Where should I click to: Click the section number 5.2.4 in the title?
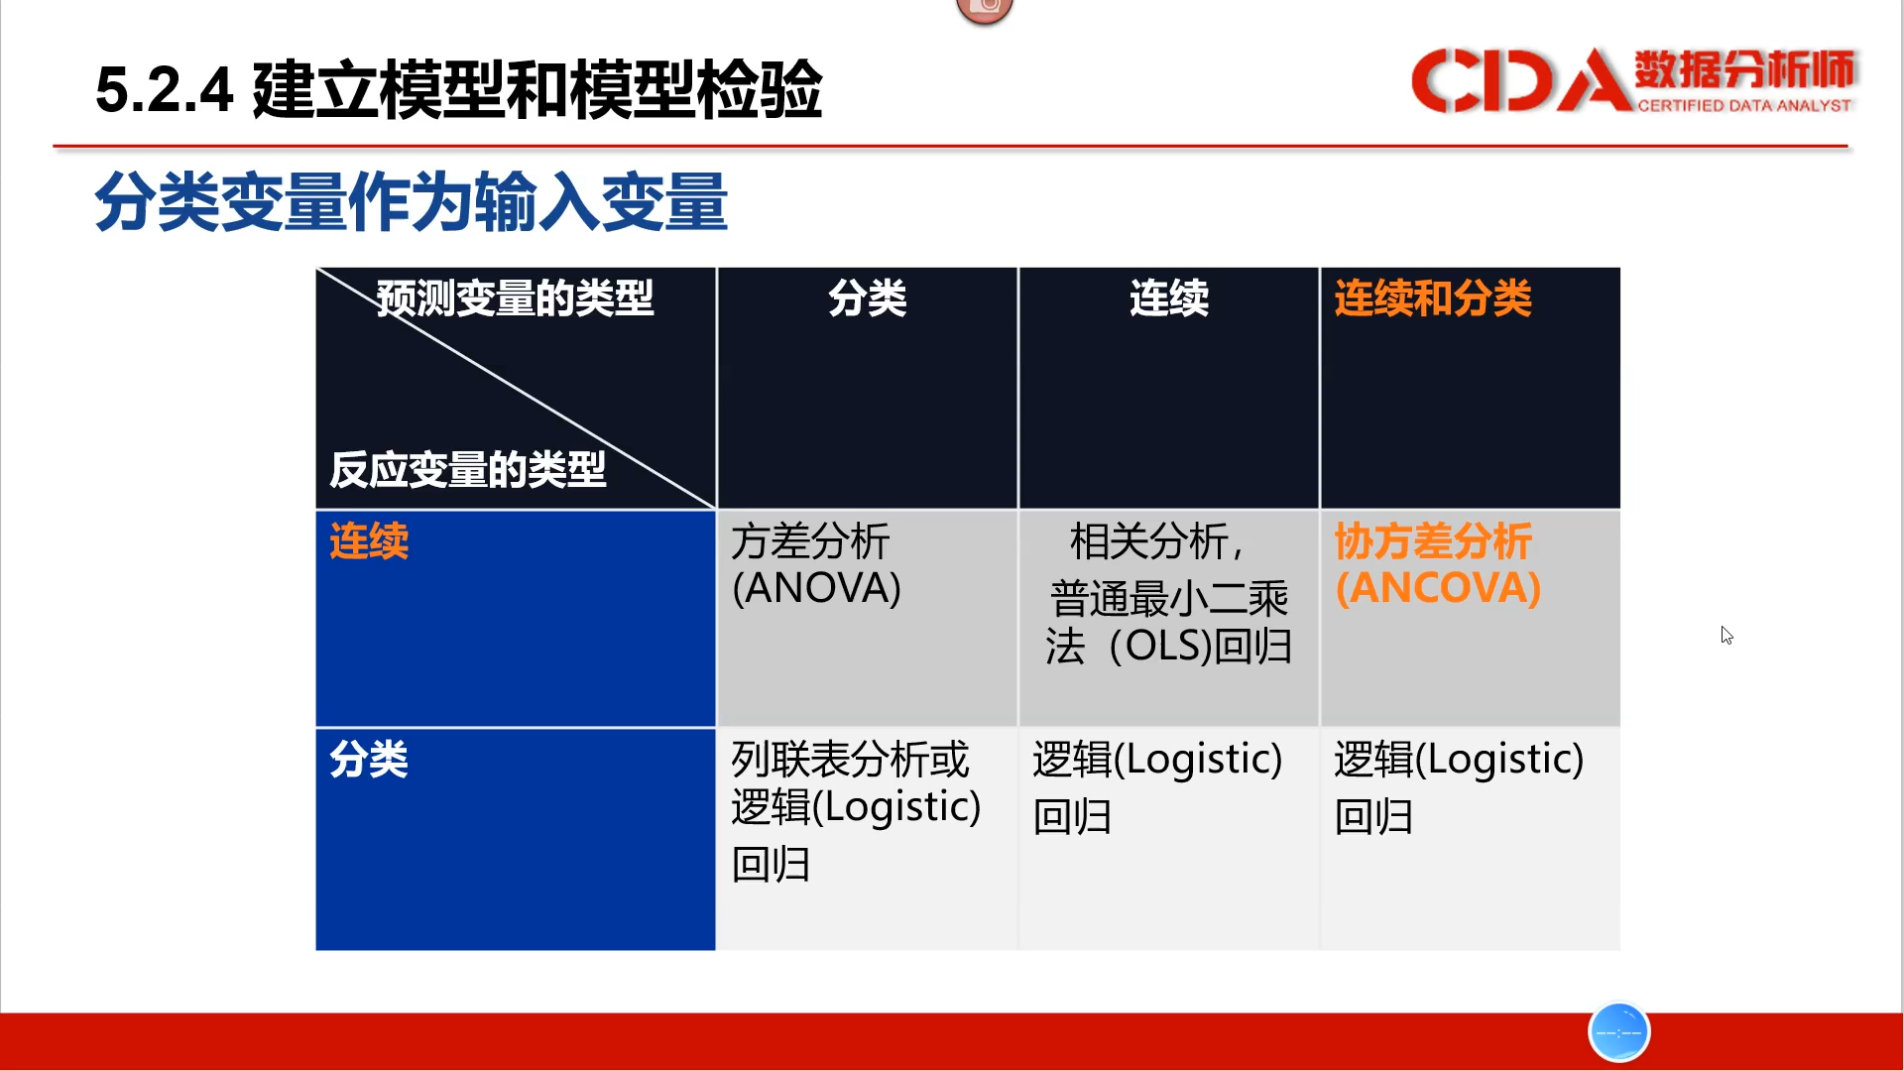pyautogui.click(x=165, y=89)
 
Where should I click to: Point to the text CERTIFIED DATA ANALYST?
pyautogui.click(x=1743, y=105)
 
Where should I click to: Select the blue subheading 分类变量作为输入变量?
pyautogui.click(x=412, y=201)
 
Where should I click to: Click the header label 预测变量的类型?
pyautogui.click(x=515, y=297)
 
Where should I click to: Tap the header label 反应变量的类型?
pyautogui.click(x=467, y=469)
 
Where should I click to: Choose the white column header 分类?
pyautogui.click(x=867, y=297)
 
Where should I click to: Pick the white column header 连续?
pyautogui.click(x=1168, y=297)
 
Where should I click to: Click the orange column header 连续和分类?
pyautogui.click(x=1433, y=297)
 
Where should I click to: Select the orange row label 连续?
pyautogui.click(x=369, y=541)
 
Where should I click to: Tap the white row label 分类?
pyautogui.click(x=369, y=760)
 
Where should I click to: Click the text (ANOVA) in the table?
pyautogui.click(x=816, y=588)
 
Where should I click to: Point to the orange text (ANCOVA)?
pyautogui.click(x=1438, y=588)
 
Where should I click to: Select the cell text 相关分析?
pyautogui.click(x=1148, y=541)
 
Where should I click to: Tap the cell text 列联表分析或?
pyautogui.click(x=850, y=760)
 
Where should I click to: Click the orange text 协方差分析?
pyautogui.click(x=1433, y=541)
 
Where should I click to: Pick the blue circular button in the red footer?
pyautogui.click(x=1618, y=1032)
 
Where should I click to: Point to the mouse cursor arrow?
pyautogui.click(x=1726, y=635)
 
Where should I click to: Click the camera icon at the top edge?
pyautogui.click(x=985, y=9)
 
